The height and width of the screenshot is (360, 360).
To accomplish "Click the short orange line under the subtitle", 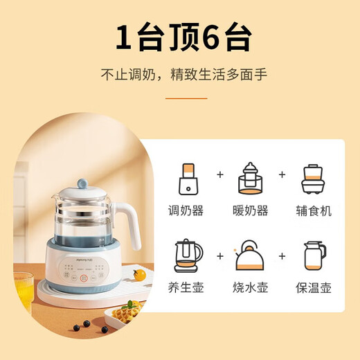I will tap(180, 98).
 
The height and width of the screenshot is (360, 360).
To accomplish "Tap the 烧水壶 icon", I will tap(250, 256).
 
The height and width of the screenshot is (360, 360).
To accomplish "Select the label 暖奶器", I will tap(250, 210).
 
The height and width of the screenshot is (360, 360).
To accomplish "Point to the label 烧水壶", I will tap(250, 287).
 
